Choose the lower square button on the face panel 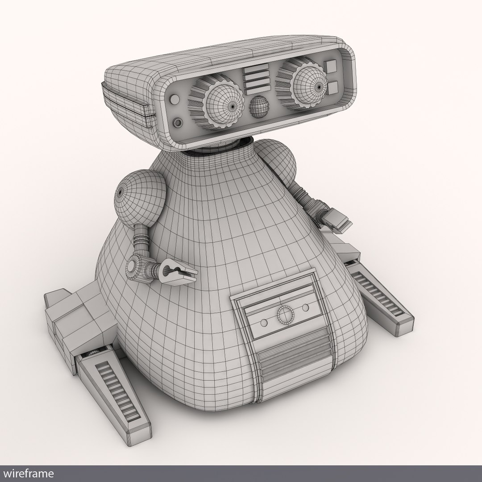pos(332,87)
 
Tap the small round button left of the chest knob pos(264,323)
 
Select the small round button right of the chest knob pos(305,307)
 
